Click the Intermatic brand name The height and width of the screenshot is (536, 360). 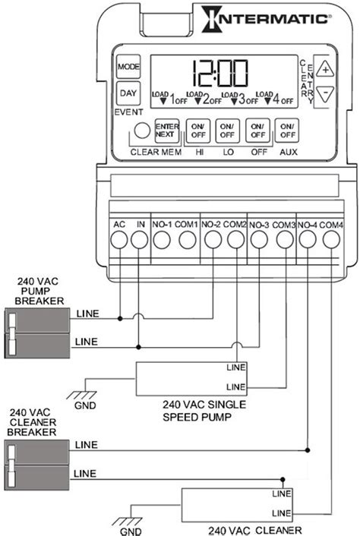click(x=276, y=17)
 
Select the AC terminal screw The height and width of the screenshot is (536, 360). click(x=119, y=241)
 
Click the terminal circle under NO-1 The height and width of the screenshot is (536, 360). click(x=162, y=241)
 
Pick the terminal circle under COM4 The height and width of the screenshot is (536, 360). click(x=331, y=241)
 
